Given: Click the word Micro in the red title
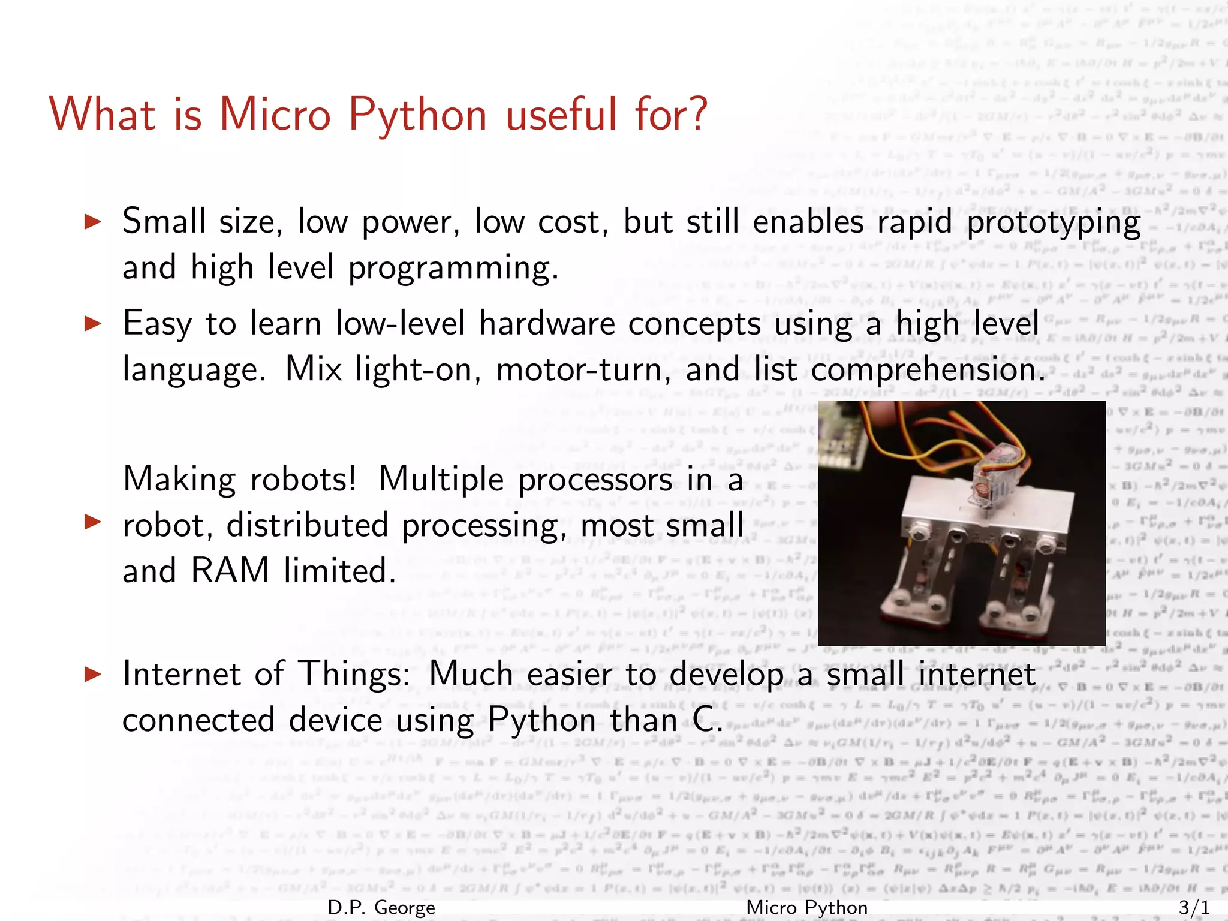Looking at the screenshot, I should pyautogui.click(x=275, y=114).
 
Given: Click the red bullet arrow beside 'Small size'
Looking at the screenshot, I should pyautogui.click(x=92, y=222).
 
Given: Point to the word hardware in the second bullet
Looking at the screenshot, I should pyautogui.click(x=547, y=324).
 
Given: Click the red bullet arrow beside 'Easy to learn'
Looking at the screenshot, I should pyautogui.click(x=92, y=324).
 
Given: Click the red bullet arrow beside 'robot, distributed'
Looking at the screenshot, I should pyautogui.click(x=92, y=522).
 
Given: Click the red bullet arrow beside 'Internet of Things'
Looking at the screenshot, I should pyautogui.click(x=92, y=674).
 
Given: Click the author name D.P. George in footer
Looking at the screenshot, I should pyautogui.click(x=381, y=907).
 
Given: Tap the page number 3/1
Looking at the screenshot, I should pyautogui.click(x=1194, y=907).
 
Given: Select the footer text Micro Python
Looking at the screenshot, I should pyautogui.click(x=806, y=907).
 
